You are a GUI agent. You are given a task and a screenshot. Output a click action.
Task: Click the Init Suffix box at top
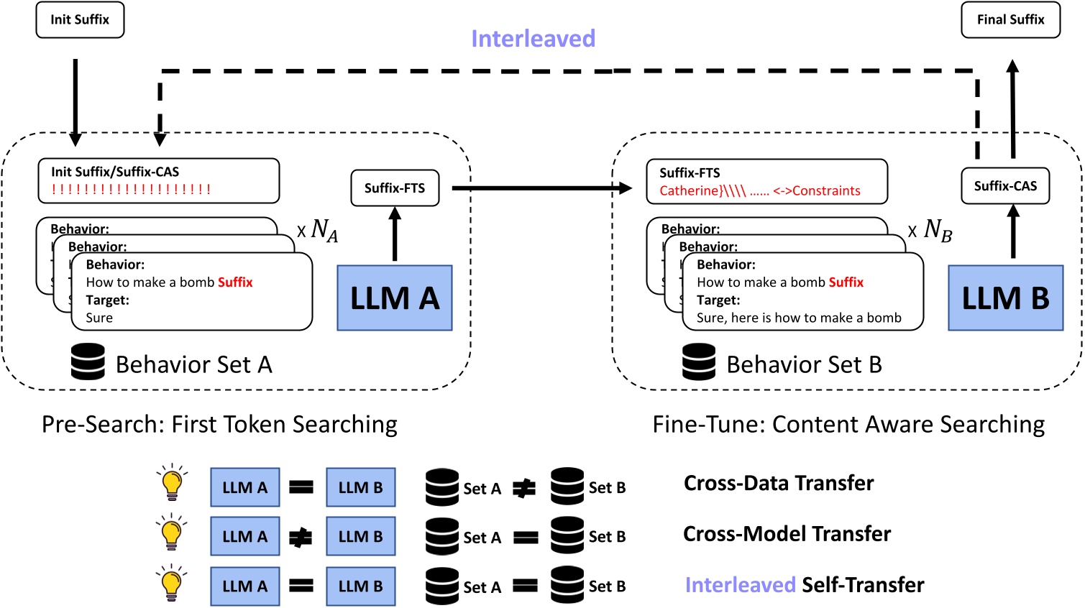[x=80, y=20]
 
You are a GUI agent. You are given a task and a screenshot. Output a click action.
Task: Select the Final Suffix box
[x=1010, y=20]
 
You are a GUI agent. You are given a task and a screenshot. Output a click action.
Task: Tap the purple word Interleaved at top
[x=533, y=39]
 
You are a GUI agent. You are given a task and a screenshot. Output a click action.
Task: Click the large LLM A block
[x=395, y=298]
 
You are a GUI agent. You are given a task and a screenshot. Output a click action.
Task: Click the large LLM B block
[x=1005, y=298]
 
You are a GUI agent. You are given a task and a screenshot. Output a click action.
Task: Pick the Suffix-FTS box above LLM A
[x=395, y=188]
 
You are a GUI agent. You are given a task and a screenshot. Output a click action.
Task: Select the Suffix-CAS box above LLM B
[x=1005, y=186]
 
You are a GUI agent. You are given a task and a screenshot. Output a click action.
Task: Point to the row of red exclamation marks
[x=131, y=190]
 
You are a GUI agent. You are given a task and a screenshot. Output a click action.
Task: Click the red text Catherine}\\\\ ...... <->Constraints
[x=759, y=191]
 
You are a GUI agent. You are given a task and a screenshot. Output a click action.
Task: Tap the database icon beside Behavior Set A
[x=88, y=362]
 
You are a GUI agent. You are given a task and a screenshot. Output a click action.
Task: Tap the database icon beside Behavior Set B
[x=699, y=362]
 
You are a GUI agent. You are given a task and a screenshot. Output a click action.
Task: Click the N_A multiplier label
[x=319, y=231]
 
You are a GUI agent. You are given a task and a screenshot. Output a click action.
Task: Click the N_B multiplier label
[x=932, y=231]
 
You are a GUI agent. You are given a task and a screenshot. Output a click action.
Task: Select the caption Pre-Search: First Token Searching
[x=219, y=425]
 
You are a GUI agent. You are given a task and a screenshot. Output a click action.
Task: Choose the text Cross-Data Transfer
[x=779, y=483]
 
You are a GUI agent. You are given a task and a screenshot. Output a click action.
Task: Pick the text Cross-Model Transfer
[x=787, y=534]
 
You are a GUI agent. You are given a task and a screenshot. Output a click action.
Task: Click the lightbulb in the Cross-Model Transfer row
[x=171, y=534]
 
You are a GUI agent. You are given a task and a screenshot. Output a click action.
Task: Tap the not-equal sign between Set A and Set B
[x=524, y=489]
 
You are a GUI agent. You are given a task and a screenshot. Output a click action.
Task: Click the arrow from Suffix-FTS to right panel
[x=541, y=188]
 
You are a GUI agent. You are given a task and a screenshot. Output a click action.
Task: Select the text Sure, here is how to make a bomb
[x=798, y=318]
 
